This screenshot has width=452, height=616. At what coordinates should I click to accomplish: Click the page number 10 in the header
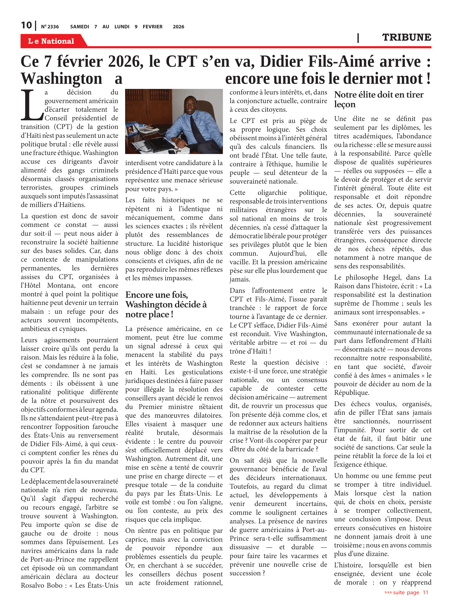[x=26, y=25]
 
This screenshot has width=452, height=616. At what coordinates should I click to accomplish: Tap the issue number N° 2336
[x=50, y=27]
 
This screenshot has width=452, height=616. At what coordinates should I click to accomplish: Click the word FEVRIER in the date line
[x=152, y=27]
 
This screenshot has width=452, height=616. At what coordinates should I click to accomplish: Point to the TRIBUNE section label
[x=406, y=37]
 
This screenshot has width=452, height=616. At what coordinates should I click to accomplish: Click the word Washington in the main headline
[x=62, y=79]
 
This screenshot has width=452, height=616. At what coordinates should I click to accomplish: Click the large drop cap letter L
[x=31, y=105]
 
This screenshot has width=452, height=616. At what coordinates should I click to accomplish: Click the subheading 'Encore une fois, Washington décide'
[x=166, y=304]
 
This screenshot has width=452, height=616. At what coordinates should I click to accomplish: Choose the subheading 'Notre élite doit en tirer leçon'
[x=379, y=99]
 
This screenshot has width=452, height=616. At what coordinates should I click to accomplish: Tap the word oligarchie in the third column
[x=272, y=193]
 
